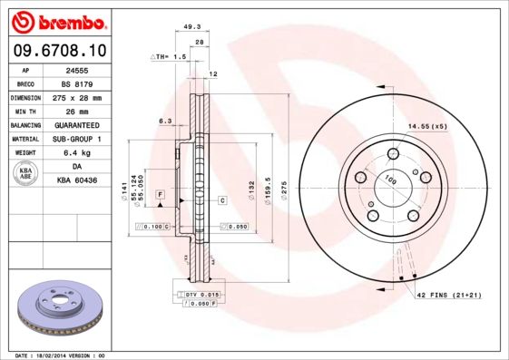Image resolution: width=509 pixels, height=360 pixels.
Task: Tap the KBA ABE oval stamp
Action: (x=24, y=174)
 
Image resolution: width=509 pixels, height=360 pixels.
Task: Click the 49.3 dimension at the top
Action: (x=191, y=28)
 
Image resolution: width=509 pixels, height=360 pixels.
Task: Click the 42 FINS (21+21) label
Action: (x=449, y=297)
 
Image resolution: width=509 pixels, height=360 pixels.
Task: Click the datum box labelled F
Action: (x=159, y=195)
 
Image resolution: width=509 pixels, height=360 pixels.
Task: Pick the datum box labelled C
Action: (x=221, y=199)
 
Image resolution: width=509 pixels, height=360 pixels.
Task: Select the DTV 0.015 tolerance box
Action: (x=197, y=296)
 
